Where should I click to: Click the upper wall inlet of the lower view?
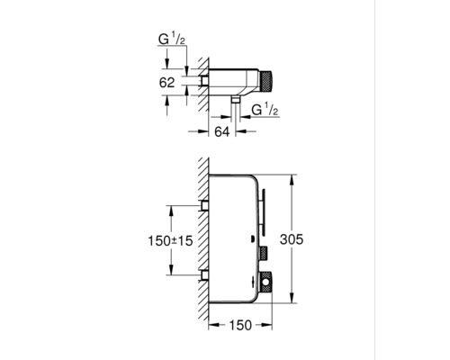tap(207, 206)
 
